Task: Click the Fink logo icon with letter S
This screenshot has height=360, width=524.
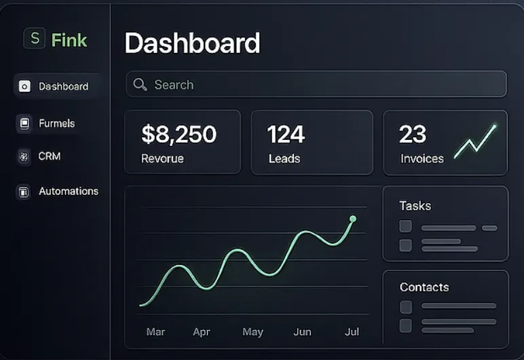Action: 34,39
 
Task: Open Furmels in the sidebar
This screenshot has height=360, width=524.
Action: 56,124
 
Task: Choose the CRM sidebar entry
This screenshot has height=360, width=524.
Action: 50,156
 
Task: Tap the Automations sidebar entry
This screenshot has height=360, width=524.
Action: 68,192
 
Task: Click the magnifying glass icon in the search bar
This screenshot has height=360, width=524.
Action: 141,84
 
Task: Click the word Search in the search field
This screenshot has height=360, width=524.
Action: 174,85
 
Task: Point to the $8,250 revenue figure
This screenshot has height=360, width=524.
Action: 179,134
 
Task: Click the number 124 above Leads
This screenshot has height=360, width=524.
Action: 286,134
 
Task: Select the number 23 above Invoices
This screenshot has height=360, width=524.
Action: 413,134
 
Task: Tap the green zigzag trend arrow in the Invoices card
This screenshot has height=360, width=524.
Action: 475,141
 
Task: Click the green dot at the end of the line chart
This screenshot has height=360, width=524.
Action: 353,219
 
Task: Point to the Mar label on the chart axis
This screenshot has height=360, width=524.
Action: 155,332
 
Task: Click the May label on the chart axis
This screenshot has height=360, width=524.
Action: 252,332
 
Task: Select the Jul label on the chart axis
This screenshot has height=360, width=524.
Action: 352,332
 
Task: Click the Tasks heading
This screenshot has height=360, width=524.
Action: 415,206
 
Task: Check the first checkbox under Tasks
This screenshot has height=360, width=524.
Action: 405,227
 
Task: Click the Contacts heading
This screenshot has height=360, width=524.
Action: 424,287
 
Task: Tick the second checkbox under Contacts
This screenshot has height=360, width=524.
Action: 406,325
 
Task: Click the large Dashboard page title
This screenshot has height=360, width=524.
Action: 192,43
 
